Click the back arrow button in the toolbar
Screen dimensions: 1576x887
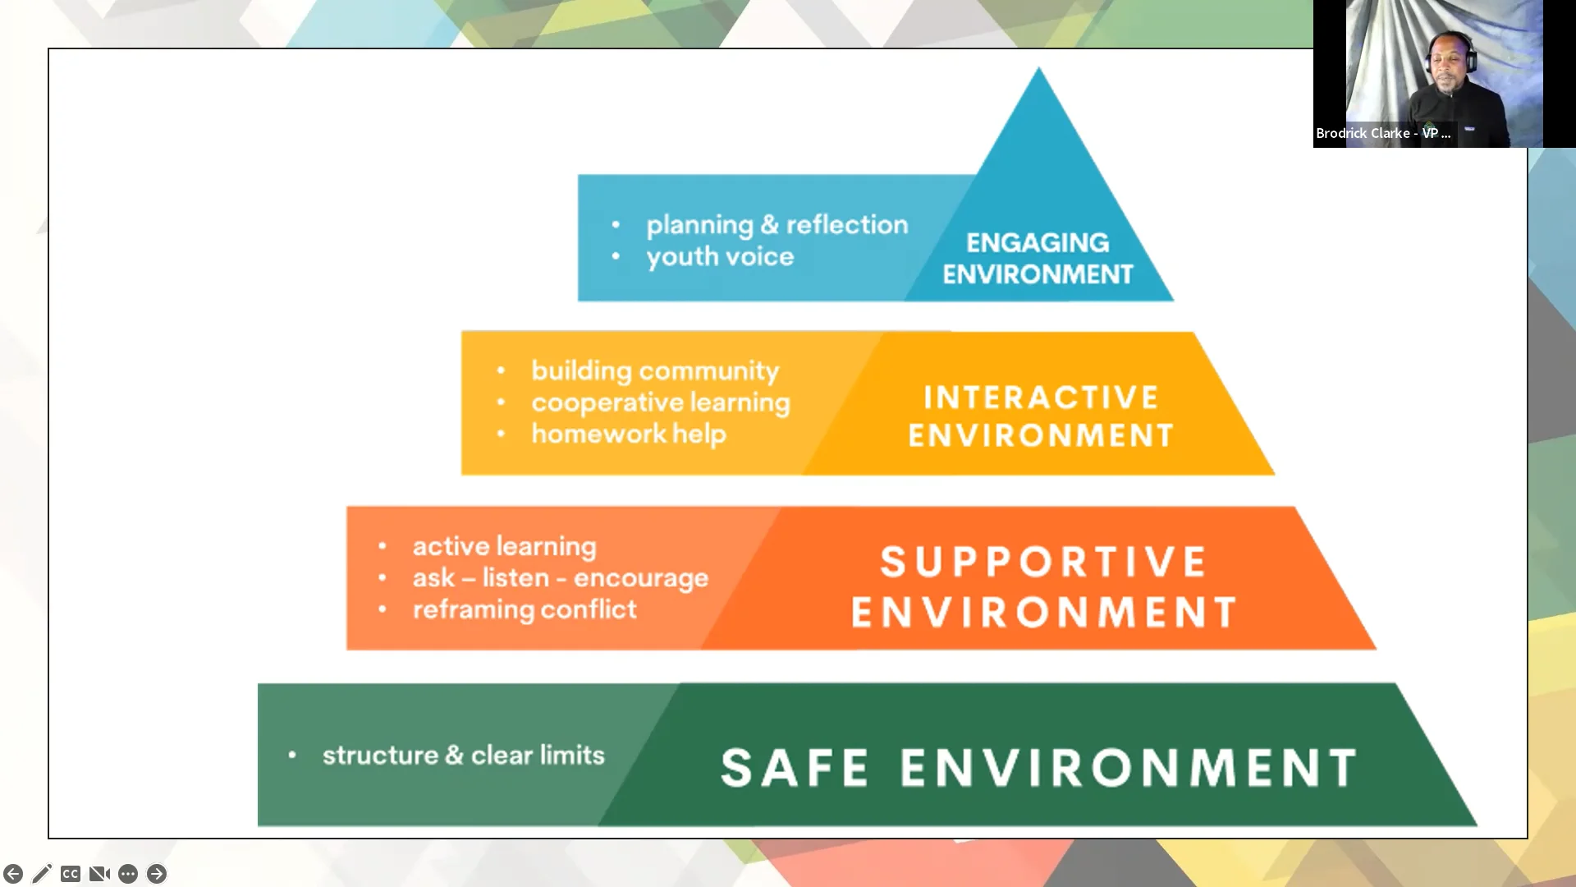tap(13, 874)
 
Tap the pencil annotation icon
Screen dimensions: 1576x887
tap(42, 874)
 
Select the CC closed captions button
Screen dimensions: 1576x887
tap(71, 874)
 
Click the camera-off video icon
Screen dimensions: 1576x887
tap(99, 874)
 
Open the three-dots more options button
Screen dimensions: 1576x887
tap(128, 874)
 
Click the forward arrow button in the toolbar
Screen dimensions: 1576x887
tap(157, 874)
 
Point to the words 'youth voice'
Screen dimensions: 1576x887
tap(720, 257)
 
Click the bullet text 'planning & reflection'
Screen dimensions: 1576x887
tap(777, 225)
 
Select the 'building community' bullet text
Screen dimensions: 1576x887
tap(655, 371)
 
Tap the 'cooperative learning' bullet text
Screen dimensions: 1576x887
tap(661, 403)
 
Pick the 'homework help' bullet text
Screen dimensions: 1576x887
tap(629, 434)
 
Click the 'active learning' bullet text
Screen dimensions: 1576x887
tap(505, 546)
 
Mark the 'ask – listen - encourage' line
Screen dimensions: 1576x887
tap(561, 578)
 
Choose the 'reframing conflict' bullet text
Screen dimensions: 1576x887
tap(525, 609)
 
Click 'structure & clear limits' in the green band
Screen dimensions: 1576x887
tap(464, 755)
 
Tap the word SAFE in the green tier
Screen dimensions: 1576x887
tap(795, 768)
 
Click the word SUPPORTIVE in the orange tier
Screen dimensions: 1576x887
tap(1043, 563)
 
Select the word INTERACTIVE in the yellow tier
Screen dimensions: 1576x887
tap(1041, 398)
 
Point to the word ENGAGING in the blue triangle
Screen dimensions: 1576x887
tap(1038, 243)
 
